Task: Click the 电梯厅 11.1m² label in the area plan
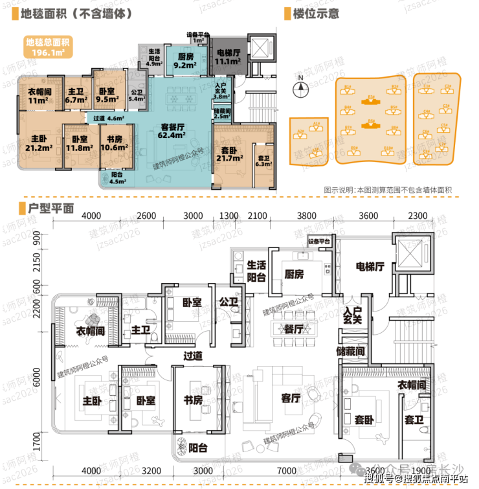(228, 58)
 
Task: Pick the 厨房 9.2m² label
(185, 60)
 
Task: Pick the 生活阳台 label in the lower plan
(257, 271)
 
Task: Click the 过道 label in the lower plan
(192, 356)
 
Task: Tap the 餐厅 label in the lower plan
(293, 328)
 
